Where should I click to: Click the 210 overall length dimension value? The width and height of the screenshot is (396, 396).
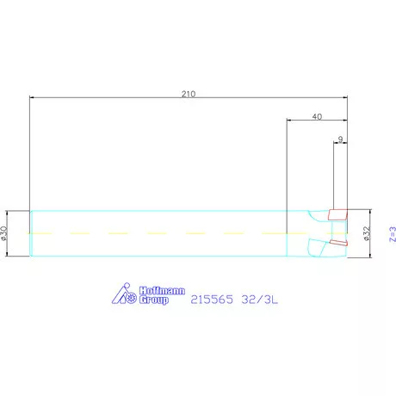tap(189, 94)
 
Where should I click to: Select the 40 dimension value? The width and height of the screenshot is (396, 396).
tap(317, 116)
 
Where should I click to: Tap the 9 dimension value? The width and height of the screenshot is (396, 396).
tap(340, 139)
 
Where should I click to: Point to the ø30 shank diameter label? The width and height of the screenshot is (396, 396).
tap(3, 233)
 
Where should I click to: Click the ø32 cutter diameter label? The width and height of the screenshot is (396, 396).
tap(367, 233)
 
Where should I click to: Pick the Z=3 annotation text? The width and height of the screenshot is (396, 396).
tap(393, 234)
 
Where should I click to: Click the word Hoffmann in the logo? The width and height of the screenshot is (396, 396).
tap(162, 291)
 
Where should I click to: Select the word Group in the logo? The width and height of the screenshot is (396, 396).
tap(154, 300)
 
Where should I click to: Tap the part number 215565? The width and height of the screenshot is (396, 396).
tap(212, 300)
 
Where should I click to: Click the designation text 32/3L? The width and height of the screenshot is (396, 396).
tap(260, 300)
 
